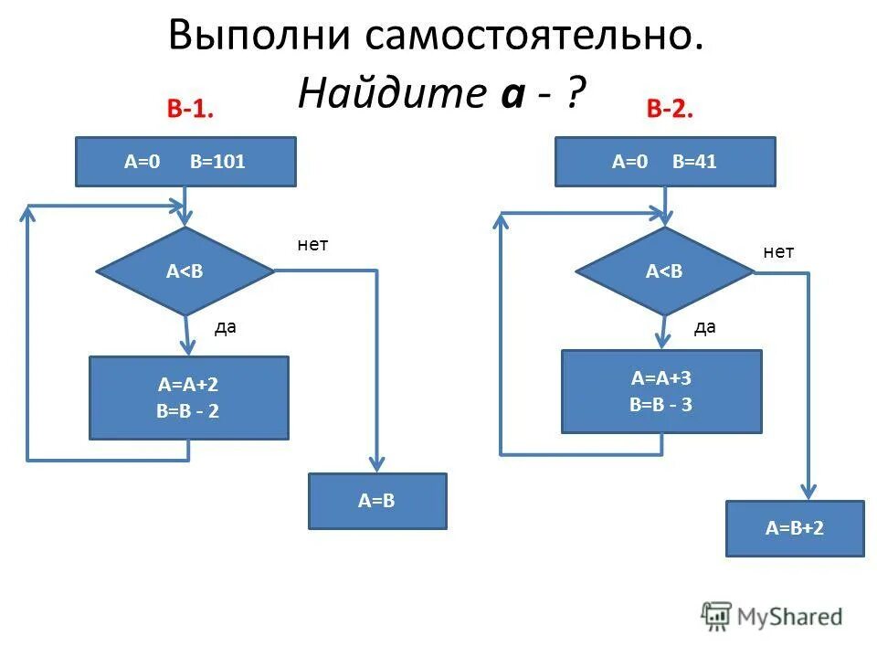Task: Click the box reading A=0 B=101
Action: [185, 162]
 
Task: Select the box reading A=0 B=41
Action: [665, 162]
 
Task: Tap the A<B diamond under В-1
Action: [185, 271]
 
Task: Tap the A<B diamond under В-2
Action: [664, 271]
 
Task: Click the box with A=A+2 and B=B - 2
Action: [188, 398]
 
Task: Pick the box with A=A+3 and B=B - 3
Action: [661, 391]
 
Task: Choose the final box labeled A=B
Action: [377, 501]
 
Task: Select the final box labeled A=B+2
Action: [795, 528]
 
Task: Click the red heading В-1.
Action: [190, 110]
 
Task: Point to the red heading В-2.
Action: [670, 110]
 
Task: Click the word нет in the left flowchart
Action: [312, 245]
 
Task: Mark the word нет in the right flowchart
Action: [778, 252]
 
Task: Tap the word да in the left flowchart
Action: [225, 327]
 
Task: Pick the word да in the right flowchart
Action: [704, 327]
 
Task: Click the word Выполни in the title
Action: [261, 37]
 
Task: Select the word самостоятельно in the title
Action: [534, 37]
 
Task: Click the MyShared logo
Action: [772, 617]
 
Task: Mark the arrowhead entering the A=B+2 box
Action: [808, 491]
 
